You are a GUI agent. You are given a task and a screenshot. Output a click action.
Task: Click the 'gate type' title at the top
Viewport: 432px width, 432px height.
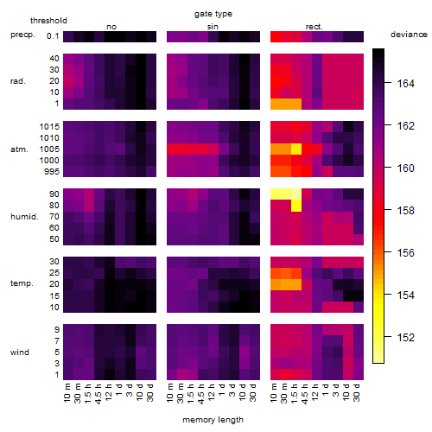[x=213, y=14]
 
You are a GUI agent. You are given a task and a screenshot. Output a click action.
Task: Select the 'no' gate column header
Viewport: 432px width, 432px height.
[x=111, y=27]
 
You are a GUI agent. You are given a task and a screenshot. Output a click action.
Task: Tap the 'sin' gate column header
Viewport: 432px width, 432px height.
[x=213, y=27]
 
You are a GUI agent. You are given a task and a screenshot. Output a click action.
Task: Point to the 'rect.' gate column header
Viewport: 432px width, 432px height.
[x=314, y=27]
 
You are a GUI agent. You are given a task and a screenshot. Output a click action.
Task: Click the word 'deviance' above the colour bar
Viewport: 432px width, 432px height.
[x=409, y=35]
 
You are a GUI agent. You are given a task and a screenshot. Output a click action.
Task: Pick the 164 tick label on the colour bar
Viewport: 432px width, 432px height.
[x=406, y=84]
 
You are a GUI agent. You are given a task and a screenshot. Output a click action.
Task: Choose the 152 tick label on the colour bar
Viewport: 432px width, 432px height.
[x=406, y=337]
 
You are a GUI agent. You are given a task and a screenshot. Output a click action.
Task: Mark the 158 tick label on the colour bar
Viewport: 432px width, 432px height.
[x=406, y=211]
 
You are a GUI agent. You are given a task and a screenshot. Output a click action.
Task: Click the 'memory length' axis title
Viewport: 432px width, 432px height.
[x=213, y=420]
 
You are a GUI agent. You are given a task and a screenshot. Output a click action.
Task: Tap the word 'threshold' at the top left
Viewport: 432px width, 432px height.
[x=48, y=21]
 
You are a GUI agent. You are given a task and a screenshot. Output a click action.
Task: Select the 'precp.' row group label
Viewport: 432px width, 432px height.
[x=22, y=35]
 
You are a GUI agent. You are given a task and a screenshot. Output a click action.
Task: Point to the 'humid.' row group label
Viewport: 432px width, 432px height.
[x=24, y=217]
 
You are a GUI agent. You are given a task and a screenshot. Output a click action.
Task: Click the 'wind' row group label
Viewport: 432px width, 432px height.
[x=20, y=353]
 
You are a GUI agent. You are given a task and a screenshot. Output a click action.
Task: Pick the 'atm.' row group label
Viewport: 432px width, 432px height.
[x=19, y=149]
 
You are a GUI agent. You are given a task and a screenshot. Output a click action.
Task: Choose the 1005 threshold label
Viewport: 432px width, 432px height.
[x=49, y=149]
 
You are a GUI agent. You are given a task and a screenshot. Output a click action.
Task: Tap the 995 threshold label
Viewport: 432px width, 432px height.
[x=52, y=172]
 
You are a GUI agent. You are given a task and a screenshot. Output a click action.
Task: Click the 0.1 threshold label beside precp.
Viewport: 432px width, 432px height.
[x=53, y=36]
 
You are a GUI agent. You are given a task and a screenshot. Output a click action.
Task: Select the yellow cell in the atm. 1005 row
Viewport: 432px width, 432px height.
[x=296, y=149]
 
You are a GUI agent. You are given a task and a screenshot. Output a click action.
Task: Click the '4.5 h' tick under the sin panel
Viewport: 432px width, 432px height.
[x=201, y=394]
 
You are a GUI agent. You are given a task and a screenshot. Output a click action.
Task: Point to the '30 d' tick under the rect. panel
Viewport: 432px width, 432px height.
[x=357, y=392]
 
